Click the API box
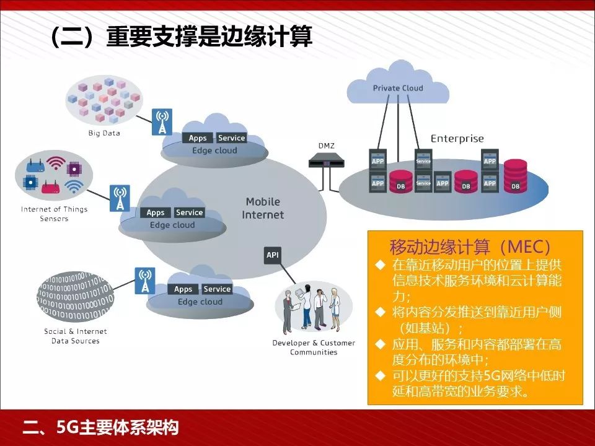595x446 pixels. coord(273,255)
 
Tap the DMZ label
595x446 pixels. coord(326,146)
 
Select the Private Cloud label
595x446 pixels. coord(398,88)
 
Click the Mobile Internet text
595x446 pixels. coord(263,208)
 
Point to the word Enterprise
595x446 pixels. coord(457,139)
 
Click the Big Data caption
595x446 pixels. coord(104,133)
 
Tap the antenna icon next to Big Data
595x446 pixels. coord(162,122)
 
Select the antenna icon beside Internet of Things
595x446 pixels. coord(120,198)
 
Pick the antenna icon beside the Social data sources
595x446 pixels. coord(145,281)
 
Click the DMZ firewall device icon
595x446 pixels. coord(326,162)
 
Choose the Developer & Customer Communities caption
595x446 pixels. coord(314,348)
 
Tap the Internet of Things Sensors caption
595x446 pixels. coord(55,214)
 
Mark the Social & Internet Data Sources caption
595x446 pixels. coord(76,336)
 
